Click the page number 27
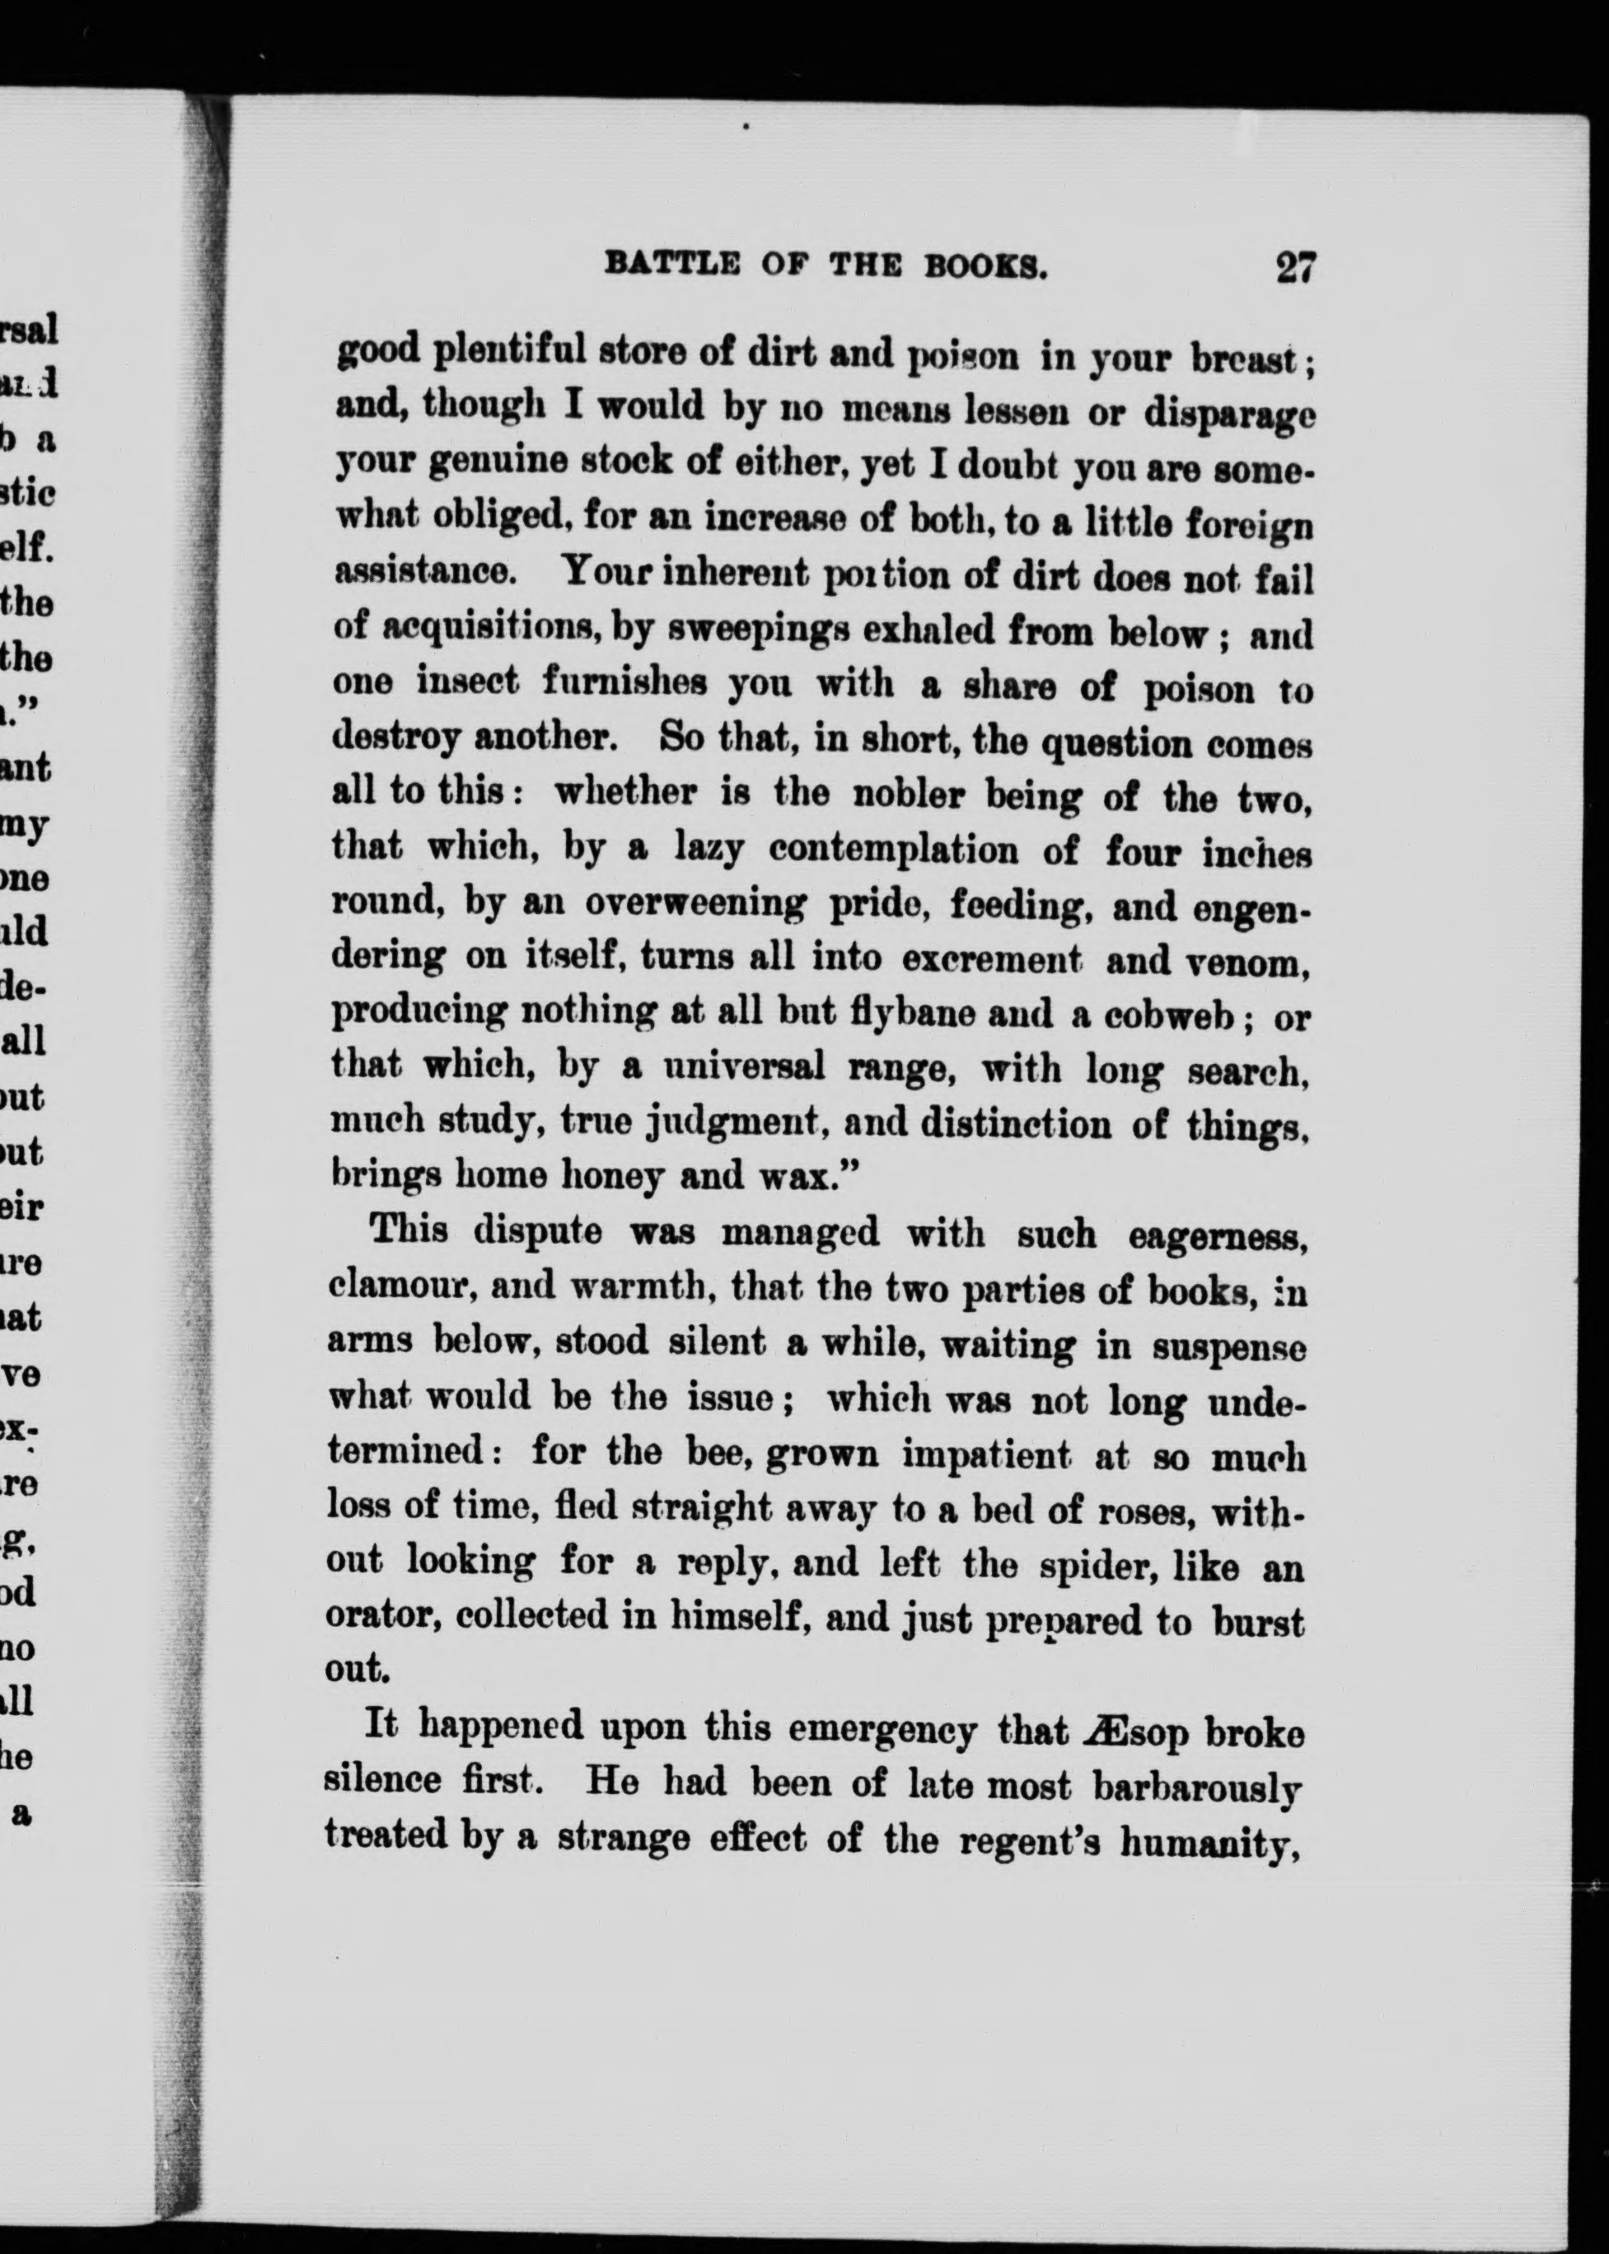(x=1295, y=269)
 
